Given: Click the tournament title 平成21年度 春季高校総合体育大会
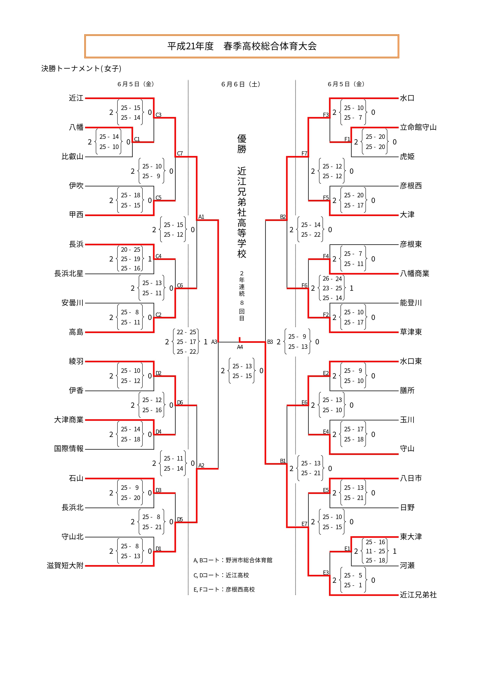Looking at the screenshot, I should [x=242, y=46].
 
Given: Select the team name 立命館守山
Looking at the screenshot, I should [x=418, y=128].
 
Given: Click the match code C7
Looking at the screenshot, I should [x=180, y=153].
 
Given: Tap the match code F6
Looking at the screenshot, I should [x=304, y=285].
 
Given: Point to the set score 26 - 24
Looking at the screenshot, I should [x=332, y=279].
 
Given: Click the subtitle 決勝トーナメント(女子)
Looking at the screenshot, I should [x=81, y=68].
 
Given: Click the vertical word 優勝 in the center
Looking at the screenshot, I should [x=242, y=144].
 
